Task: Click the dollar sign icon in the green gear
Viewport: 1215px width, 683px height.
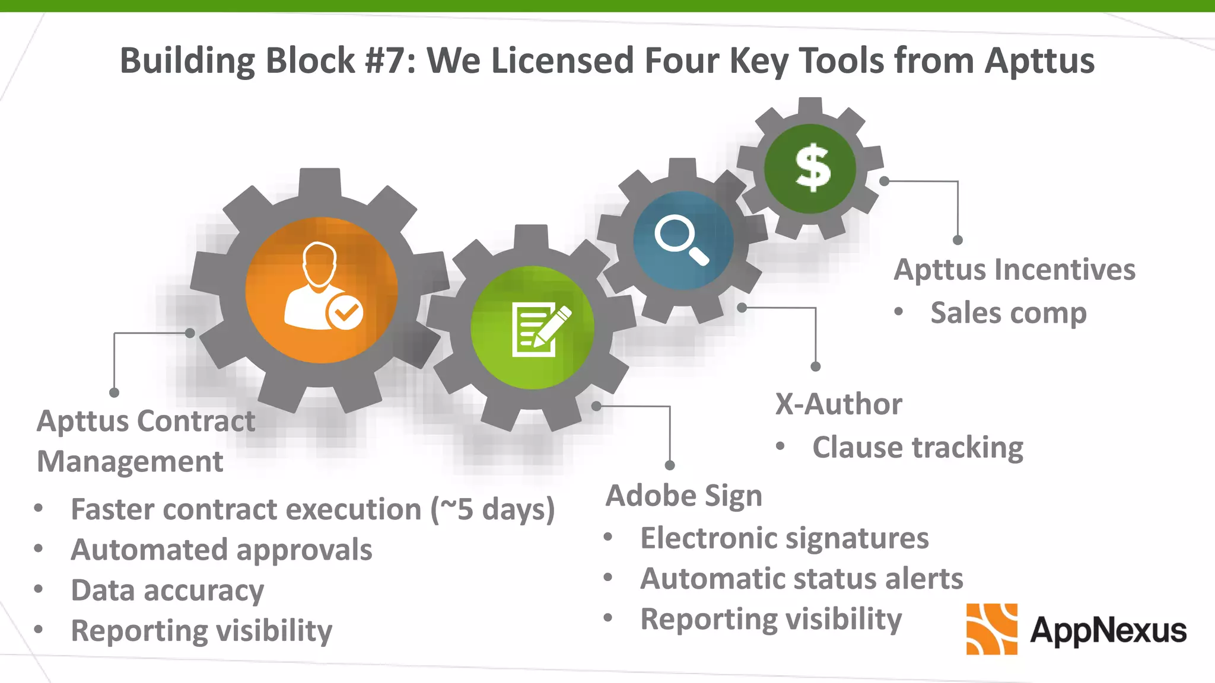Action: pyautogui.click(x=812, y=168)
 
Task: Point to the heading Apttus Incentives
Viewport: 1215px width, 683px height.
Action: pyautogui.click(x=1014, y=270)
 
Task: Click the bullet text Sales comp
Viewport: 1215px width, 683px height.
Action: pyautogui.click(x=1008, y=313)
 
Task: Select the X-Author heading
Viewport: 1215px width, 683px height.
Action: pyautogui.click(x=838, y=404)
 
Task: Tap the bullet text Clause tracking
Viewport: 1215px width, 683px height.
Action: pyautogui.click(x=917, y=448)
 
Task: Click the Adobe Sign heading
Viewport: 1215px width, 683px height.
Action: pyautogui.click(x=683, y=496)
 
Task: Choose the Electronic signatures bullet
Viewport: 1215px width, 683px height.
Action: pyautogui.click(x=784, y=538)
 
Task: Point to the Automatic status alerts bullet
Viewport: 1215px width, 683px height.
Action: pyautogui.click(x=801, y=579)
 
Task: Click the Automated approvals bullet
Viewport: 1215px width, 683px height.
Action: pyautogui.click(x=221, y=550)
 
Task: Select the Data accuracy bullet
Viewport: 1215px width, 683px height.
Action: pyautogui.click(x=167, y=591)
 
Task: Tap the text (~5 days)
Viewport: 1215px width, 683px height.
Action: pyautogui.click(x=493, y=510)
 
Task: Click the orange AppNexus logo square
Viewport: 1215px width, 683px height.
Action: pyautogui.click(x=991, y=629)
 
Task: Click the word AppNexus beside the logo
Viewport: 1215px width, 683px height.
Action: pyautogui.click(x=1108, y=630)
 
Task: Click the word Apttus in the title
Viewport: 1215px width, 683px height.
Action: pyautogui.click(x=1039, y=60)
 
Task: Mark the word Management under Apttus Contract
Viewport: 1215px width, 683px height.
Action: pyautogui.click(x=130, y=462)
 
